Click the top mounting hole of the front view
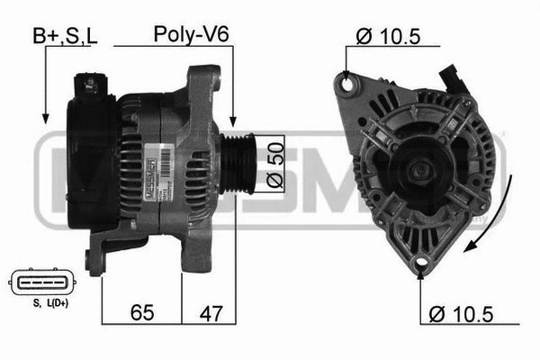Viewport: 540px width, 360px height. pyautogui.click(x=346, y=84)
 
